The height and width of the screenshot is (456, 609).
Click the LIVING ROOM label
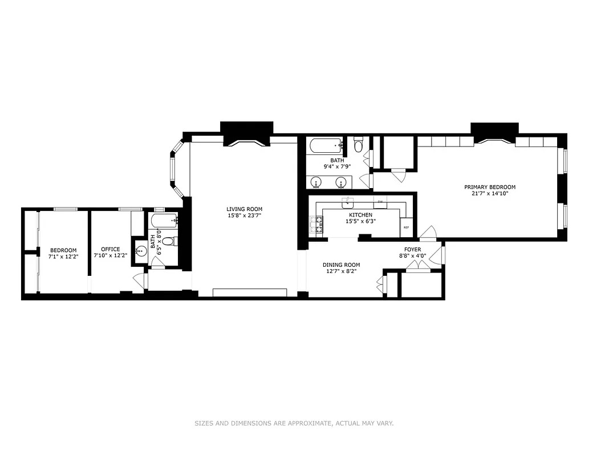244,209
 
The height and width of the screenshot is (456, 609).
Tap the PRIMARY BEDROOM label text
489,187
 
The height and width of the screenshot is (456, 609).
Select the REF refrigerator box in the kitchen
406,227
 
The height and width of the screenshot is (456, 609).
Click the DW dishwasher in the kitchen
380,202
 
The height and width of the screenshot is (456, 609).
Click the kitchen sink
348,203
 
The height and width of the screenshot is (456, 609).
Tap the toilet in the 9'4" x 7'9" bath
358,145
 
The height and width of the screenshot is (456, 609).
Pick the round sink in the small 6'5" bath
141,250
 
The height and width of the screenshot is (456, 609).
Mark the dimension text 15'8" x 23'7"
244,216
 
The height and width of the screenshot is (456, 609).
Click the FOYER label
412,249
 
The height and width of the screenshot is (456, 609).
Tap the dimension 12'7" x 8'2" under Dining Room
341,272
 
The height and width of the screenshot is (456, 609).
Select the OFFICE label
110,249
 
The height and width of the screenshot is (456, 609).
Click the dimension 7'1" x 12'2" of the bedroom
63,256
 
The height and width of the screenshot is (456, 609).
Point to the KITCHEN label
360,215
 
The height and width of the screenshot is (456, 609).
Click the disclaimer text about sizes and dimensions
294,424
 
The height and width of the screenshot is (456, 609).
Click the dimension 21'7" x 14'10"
489,194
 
